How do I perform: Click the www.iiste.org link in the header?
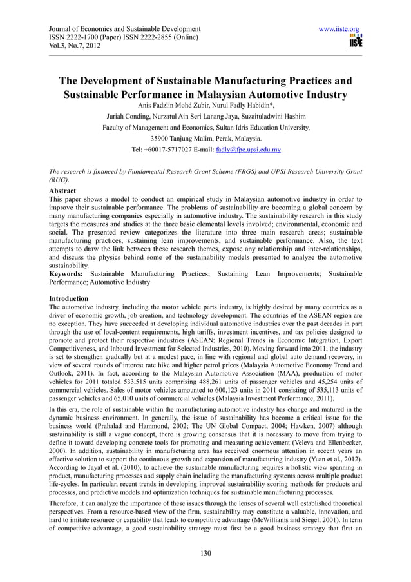336,29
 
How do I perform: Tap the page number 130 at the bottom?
205,552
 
